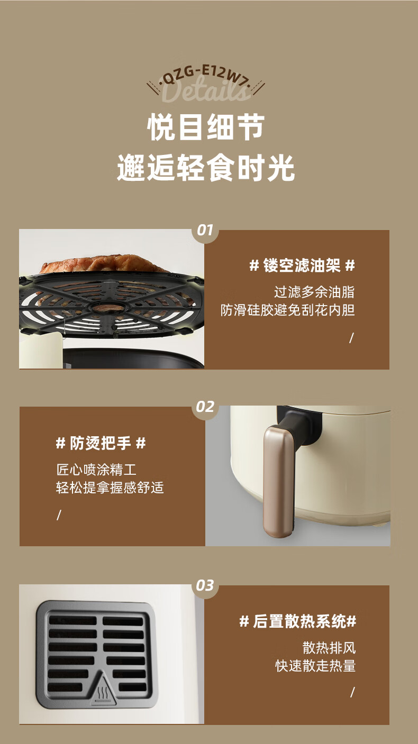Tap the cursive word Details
pyautogui.click(x=206, y=90)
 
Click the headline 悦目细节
pyautogui.click(x=206, y=127)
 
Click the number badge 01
pyautogui.click(x=205, y=230)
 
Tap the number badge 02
pyautogui.click(x=205, y=407)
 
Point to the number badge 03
pyautogui.click(x=205, y=585)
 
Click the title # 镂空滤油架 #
pyautogui.click(x=302, y=265)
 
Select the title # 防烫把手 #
pyautogui.click(x=101, y=443)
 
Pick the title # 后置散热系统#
pyautogui.click(x=298, y=621)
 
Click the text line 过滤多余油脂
pyautogui.click(x=314, y=292)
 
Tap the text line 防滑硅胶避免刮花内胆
pyautogui.click(x=288, y=310)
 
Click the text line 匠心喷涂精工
pyautogui.click(x=96, y=470)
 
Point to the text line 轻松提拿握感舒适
pyautogui.click(x=110, y=488)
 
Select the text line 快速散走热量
pyautogui.click(x=315, y=666)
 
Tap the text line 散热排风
pyautogui.click(x=329, y=648)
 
